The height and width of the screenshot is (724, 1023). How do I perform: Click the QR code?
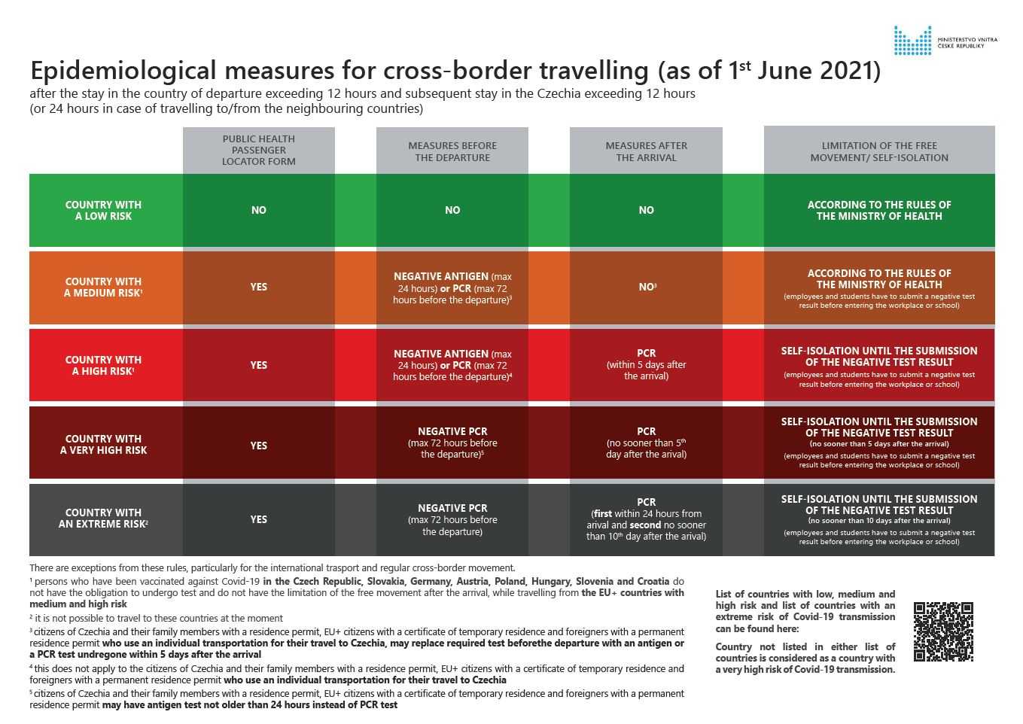(943, 631)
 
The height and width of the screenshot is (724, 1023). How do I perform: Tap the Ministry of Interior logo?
(912, 41)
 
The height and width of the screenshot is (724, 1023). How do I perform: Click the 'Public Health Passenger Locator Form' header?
(258, 151)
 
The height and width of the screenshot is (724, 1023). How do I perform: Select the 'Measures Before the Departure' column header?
(452, 151)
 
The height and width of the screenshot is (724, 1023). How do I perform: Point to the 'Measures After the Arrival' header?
(646, 151)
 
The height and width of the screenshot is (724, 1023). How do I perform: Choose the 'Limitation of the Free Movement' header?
(878, 151)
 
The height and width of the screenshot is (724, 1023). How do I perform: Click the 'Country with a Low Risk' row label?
(104, 211)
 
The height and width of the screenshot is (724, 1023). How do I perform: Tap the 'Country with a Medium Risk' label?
(104, 287)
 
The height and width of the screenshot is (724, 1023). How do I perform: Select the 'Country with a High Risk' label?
(104, 366)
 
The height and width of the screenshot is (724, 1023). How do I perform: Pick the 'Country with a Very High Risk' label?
(104, 445)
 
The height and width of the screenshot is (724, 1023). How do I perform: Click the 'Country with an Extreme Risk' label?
(104, 519)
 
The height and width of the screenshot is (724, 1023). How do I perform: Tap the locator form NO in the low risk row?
(258, 211)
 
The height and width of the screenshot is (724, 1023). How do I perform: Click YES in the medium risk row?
(258, 287)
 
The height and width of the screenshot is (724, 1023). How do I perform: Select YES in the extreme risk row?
(258, 519)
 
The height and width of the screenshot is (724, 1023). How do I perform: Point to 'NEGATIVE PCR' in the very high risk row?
(452, 432)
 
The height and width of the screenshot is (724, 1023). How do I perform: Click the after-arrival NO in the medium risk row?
(646, 287)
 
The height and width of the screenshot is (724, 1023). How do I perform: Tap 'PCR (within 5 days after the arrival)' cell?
(646, 365)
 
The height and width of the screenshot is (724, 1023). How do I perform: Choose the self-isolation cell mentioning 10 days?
(878, 519)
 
